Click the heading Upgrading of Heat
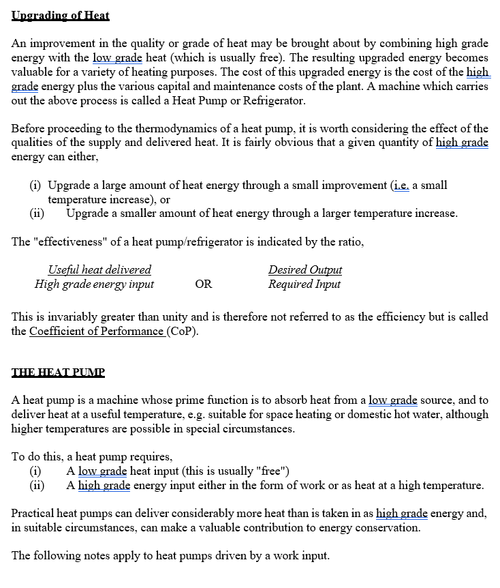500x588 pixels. point(61,15)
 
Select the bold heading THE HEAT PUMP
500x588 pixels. point(58,372)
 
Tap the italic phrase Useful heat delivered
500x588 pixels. point(99,270)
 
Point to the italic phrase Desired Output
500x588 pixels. point(304,270)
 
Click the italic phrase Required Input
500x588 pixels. point(304,284)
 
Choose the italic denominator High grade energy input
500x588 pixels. point(94,284)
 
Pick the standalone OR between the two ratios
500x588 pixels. point(203,284)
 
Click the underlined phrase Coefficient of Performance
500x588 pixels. point(97,332)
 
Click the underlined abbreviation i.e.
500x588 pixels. point(401,186)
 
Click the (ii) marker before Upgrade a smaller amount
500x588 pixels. point(37,214)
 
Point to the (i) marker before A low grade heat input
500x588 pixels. point(35,471)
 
